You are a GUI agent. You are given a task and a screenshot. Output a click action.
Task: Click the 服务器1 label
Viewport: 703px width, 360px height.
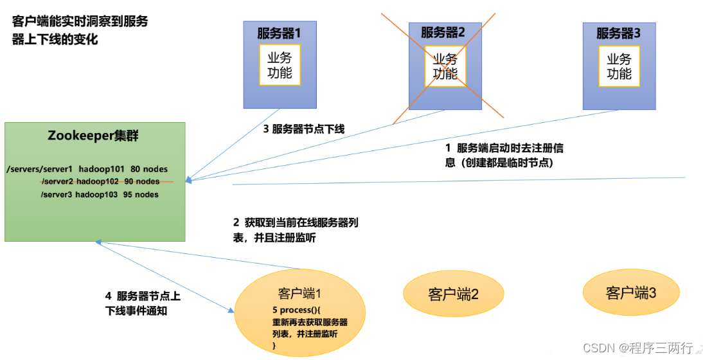279,32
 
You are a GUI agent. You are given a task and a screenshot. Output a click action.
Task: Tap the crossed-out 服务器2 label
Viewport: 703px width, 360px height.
443,32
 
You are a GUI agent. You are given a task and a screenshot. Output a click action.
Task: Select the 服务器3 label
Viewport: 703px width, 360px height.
618,32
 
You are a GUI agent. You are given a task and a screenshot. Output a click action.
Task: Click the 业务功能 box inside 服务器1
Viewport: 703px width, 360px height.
280,65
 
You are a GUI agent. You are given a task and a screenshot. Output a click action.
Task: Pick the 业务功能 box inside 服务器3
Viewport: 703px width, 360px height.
619,66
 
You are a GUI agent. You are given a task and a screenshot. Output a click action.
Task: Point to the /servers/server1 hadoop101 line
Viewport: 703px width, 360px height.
87,169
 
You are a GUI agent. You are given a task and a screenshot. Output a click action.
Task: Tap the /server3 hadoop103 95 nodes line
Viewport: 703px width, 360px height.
100,194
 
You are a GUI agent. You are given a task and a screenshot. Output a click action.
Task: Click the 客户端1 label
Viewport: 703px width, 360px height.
299,293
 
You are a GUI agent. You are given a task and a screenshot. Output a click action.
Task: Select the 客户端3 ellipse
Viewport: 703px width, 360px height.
631,293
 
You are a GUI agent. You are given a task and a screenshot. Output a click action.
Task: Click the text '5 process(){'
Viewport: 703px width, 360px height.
295,310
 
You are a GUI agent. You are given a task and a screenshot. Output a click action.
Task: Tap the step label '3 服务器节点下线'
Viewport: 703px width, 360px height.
304,129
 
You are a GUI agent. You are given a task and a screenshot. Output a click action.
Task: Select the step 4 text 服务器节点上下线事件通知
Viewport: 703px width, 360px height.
143,303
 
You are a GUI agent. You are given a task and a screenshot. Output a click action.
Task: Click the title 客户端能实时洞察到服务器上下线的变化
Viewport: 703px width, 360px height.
80,30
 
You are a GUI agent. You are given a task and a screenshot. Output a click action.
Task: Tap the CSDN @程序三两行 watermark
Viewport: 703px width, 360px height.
638,348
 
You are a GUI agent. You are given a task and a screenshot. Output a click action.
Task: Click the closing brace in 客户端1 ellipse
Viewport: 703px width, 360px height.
274,346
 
